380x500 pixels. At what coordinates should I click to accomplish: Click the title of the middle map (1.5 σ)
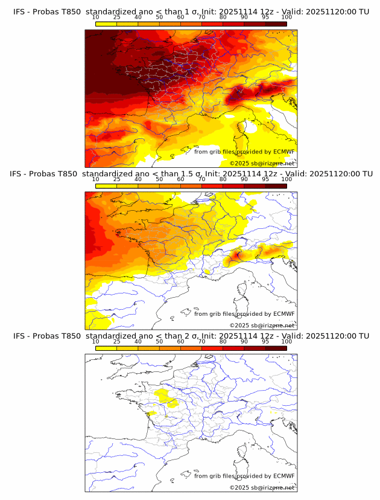tap(191, 174)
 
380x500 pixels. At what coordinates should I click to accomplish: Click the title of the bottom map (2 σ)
tap(191, 336)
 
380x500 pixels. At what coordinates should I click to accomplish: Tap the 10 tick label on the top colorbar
tap(96, 17)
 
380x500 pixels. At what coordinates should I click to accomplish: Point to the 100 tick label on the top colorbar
tap(287, 17)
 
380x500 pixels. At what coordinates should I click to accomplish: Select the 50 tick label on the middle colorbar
tap(159, 179)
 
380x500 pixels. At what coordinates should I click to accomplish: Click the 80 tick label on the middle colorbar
tap(223, 179)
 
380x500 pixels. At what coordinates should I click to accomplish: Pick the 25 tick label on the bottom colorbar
tap(117, 341)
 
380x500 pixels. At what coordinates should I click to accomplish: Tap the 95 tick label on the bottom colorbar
tap(265, 341)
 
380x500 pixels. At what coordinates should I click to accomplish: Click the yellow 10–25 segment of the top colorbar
tap(106, 24)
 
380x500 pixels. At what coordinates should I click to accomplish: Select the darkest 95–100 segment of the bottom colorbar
tap(276, 348)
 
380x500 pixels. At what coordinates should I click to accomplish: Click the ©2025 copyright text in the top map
tap(262, 163)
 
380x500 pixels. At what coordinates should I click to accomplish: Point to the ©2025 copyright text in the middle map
tap(262, 325)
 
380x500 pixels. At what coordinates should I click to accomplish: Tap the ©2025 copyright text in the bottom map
tap(262, 487)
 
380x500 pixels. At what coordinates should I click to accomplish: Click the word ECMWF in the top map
tap(283, 152)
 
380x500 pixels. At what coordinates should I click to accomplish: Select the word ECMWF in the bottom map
tap(283, 476)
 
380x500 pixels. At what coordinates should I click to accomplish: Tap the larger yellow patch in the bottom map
tap(162, 396)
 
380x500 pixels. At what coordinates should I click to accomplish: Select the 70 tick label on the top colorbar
tap(201, 17)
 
